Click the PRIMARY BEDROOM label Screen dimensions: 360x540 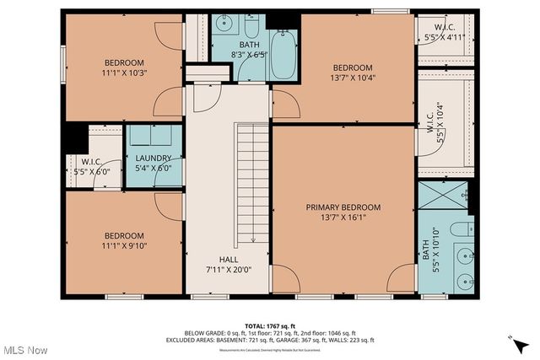[343, 207]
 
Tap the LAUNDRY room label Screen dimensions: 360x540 [153, 158]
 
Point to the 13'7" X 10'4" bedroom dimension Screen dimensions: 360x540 [352, 79]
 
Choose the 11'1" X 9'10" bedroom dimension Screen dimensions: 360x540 [124, 247]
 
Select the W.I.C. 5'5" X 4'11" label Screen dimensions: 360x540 [441, 31]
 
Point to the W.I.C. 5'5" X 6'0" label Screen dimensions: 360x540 [92, 166]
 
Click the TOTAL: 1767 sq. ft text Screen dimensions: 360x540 [269, 325]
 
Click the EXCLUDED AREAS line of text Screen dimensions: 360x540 [270, 340]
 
